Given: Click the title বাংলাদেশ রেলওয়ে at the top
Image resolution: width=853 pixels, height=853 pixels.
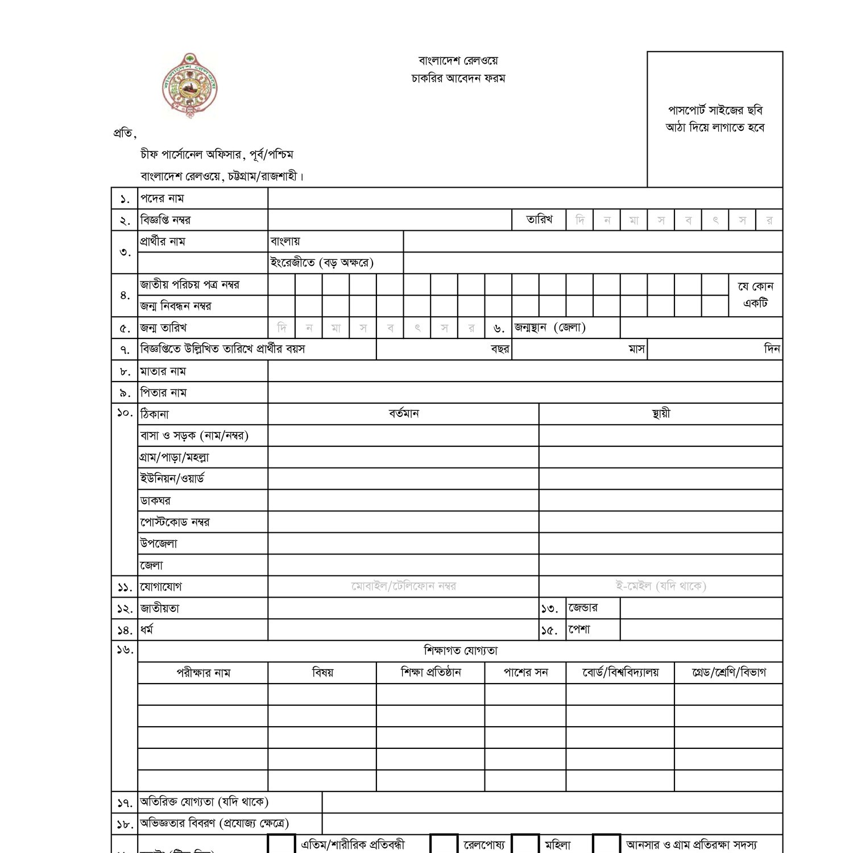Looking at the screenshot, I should click(x=458, y=61).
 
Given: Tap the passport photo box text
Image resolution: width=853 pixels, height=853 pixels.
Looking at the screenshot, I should click(x=715, y=119).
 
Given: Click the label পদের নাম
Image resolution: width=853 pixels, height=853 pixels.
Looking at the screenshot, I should click(x=162, y=198).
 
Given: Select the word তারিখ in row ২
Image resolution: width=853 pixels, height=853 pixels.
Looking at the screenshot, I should click(x=539, y=220).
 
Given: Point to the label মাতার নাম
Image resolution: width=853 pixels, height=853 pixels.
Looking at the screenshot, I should click(x=163, y=371).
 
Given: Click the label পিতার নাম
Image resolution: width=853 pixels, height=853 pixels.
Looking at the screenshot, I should click(x=163, y=393).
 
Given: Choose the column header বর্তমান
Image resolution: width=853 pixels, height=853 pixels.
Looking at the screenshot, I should click(x=404, y=414).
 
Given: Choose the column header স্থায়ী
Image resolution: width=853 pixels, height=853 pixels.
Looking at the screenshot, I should click(x=661, y=414).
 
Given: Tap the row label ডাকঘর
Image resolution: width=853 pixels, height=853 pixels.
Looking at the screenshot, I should click(x=155, y=501).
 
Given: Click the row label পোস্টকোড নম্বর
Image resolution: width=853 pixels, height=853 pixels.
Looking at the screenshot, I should click(x=175, y=522).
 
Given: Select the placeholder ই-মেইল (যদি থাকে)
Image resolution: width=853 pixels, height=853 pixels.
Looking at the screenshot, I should click(x=661, y=586).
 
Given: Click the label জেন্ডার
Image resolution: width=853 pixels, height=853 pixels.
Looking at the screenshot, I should click(x=583, y=608).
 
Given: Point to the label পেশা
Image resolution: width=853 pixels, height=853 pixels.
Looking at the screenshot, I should click(x=579, y=630).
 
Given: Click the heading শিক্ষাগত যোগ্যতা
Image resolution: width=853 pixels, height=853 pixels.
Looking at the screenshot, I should click(x=461, y=651).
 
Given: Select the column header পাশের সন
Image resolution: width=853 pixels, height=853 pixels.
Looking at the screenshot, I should click(x=525, y=673).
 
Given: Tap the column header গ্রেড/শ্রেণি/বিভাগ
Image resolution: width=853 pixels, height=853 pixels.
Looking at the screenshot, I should click(x=728, y=673).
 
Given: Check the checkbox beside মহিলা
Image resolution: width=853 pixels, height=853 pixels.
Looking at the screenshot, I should click(x=525, y=844).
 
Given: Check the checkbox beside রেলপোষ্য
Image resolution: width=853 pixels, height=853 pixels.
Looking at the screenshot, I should click(x=444, y=844).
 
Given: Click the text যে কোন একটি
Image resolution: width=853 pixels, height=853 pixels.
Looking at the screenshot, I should click(x=756, y=295).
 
